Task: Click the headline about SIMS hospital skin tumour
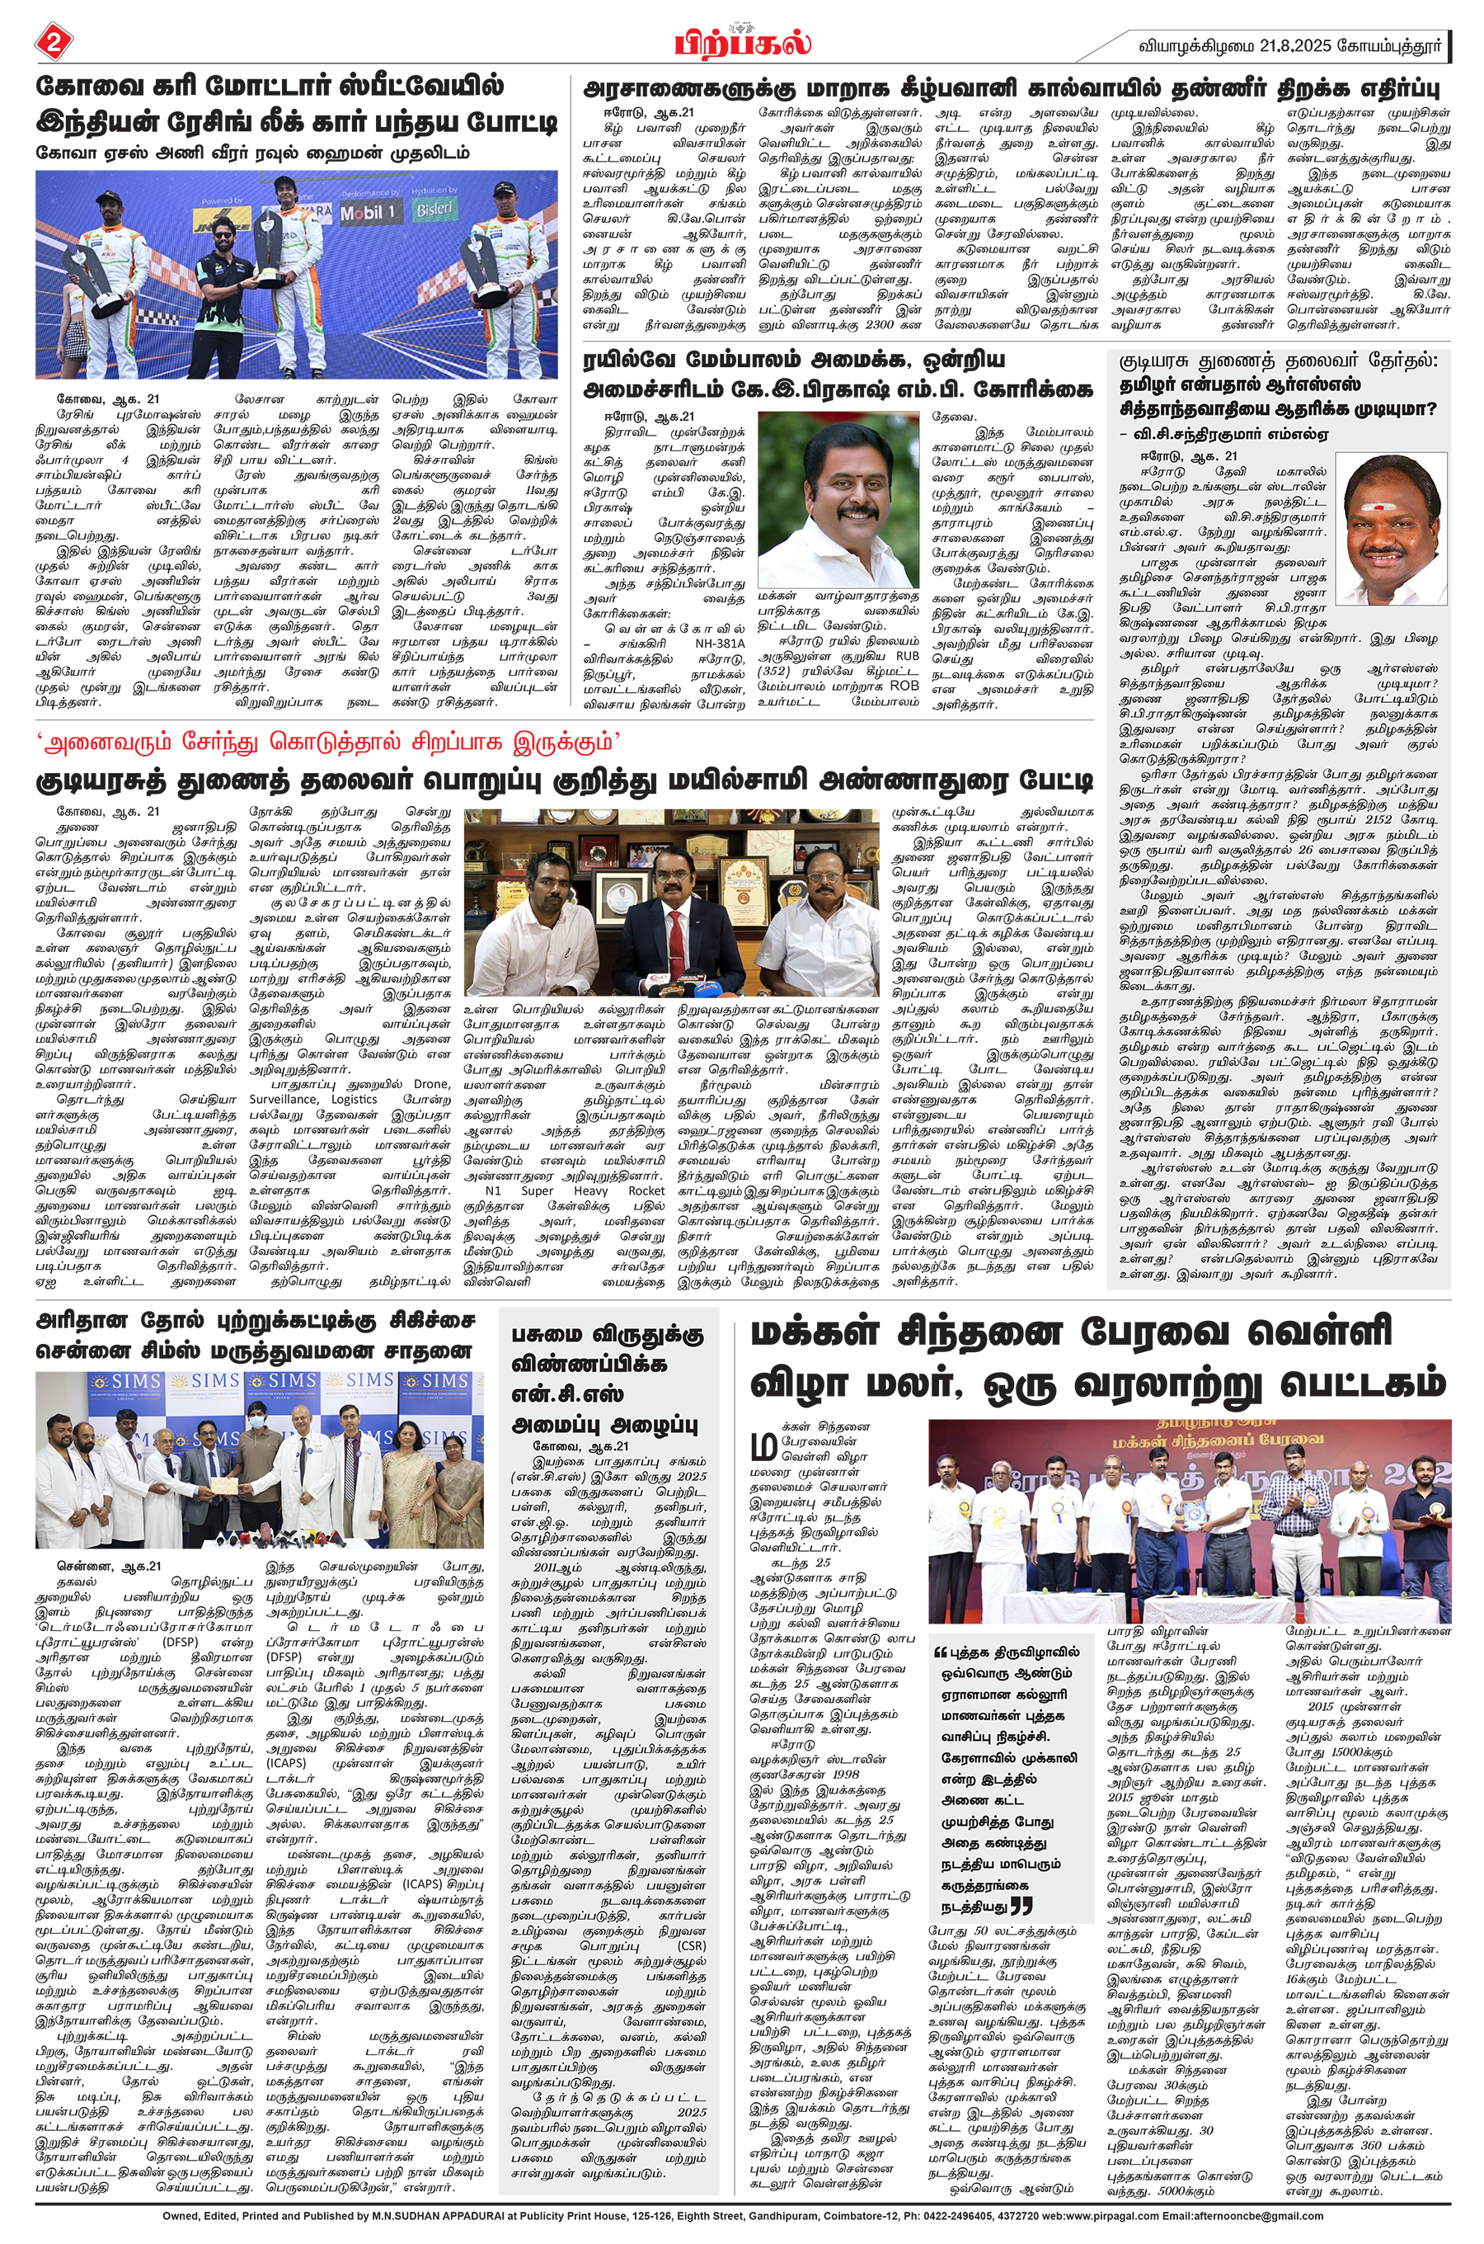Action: point(254,1335)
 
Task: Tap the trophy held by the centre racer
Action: point(270,246)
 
